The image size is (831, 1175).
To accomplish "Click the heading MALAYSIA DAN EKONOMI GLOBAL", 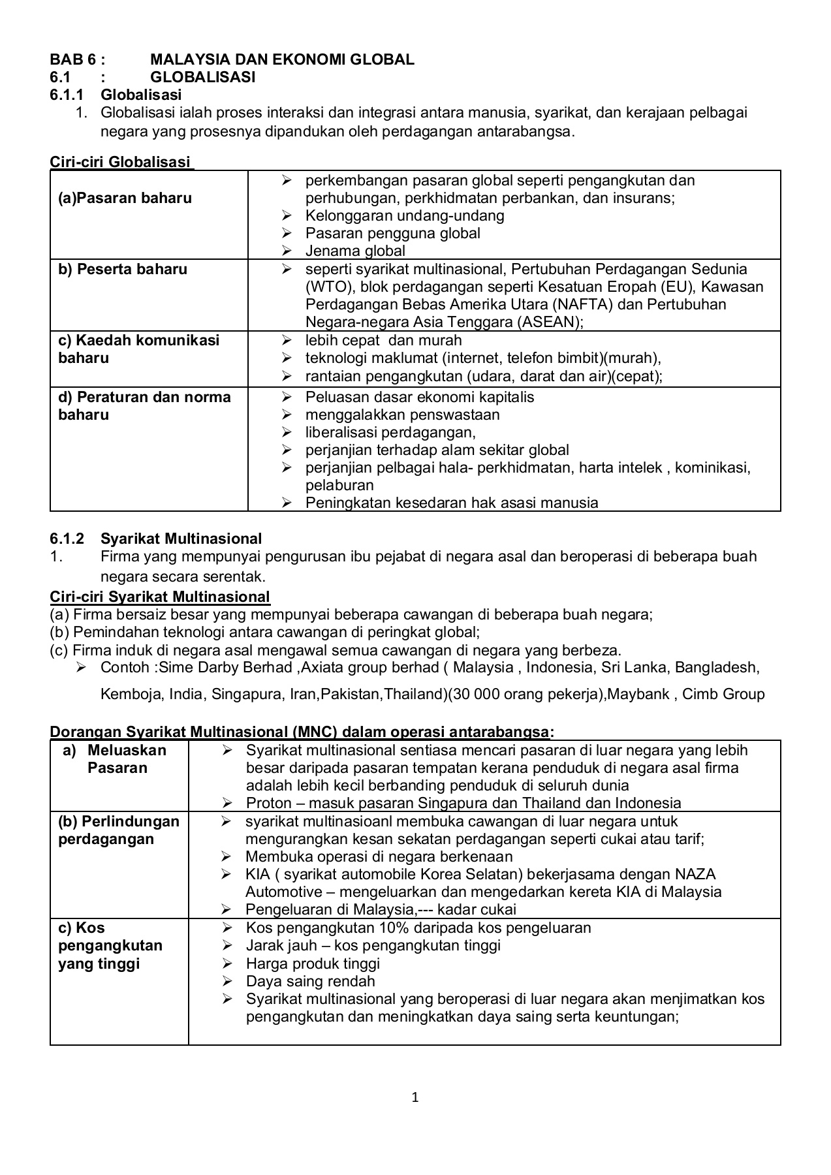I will point(282,59).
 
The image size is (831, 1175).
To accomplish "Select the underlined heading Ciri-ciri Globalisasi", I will point(121,162).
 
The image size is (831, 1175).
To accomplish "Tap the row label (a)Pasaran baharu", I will point(125,198).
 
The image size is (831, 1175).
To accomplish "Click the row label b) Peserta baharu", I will point(123,270).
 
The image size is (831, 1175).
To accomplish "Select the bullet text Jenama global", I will point(355,251).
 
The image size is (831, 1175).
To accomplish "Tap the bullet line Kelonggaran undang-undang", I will point(405,216).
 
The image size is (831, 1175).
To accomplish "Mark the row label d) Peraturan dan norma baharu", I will point(144,406).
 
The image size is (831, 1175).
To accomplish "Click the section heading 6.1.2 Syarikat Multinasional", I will point(155,539).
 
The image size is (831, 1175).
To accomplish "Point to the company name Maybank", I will point(641,694).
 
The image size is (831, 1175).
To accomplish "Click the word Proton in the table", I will point(268,804).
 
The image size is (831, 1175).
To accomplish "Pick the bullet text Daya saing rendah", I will point(310,982).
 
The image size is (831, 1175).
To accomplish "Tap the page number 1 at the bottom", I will point(415,1097).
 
